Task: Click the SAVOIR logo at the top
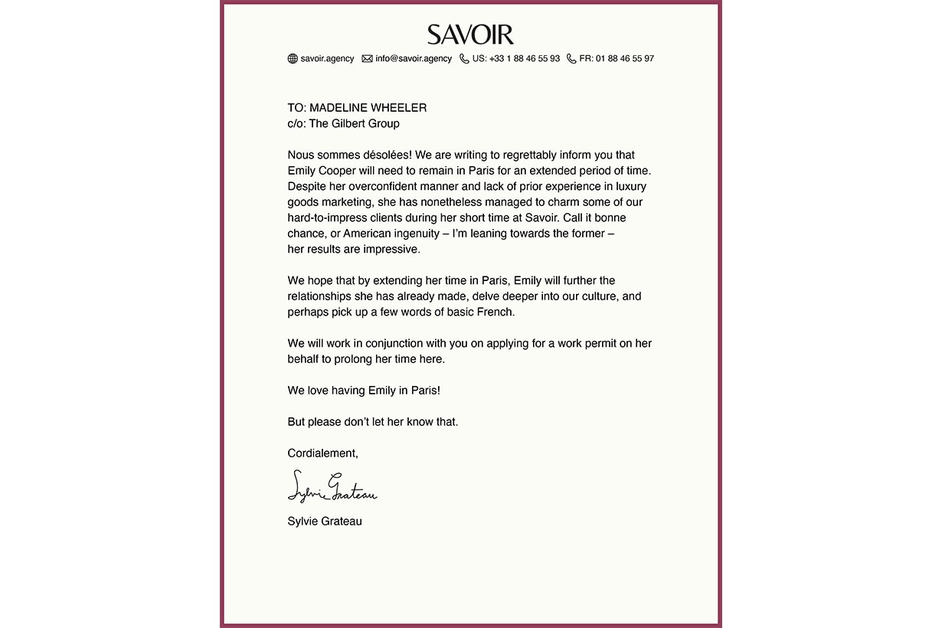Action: pos(470,34)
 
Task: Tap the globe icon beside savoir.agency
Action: pos(293,59)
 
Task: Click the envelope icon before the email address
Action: pos(367,59)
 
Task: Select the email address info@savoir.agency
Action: pos(414,59)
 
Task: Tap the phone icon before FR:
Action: pos(571,59)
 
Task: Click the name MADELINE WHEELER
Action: pos(368,108)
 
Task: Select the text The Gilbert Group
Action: pos(354,123)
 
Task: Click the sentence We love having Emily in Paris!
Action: pos(364,391)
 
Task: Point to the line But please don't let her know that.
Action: pos(373,422)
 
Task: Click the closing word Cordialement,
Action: pos(322,453)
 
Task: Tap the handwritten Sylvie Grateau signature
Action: pos(332,487)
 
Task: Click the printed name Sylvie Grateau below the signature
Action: pos(325,522)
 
